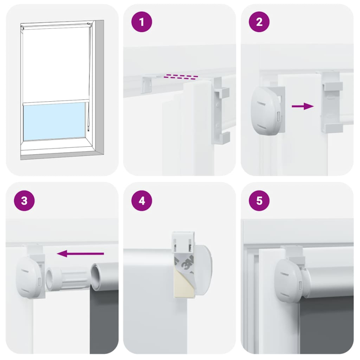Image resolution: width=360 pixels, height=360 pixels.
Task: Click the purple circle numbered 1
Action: point(142,23)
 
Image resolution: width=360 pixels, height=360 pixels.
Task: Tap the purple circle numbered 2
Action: point(259,23)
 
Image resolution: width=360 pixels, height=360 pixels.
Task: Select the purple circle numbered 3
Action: point(25,201)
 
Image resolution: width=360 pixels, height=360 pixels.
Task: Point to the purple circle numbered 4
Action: point(142,201)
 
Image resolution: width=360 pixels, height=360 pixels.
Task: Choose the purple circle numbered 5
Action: point(259,201)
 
